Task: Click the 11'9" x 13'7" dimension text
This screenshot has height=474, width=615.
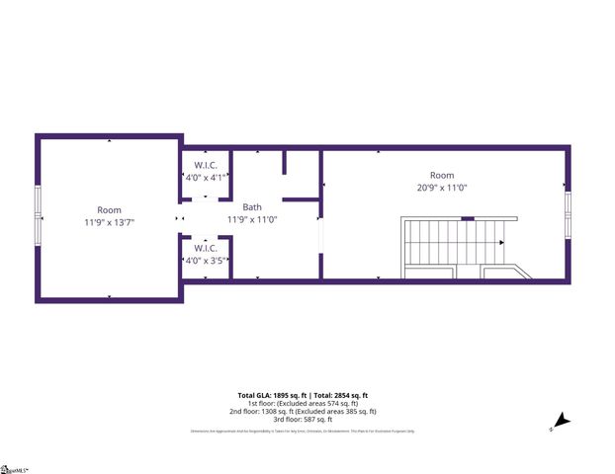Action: pos(109,222)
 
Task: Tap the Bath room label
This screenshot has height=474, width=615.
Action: pos(252,207)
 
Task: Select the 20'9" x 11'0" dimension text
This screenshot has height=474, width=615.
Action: pos(441,187)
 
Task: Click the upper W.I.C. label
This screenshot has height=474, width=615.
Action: pos(206,165)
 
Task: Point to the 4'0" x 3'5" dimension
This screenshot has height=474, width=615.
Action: pos(206,261)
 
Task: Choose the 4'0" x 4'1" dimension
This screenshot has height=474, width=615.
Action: pos(206,178)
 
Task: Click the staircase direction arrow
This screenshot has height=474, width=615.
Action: pos(502,242)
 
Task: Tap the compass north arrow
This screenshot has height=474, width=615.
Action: pos(561,422)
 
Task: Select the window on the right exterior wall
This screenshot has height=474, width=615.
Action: pos(569,215)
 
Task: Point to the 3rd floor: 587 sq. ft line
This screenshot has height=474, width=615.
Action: pos(307,420)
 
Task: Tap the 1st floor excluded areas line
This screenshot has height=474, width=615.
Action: pos(307,403)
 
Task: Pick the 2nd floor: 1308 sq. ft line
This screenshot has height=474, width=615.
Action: pos(307,411)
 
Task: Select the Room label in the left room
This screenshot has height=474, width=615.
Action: pos(109,209)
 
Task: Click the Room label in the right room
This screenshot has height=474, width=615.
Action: pos(441,175)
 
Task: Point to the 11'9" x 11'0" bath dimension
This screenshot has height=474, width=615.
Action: pos(252,219)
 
